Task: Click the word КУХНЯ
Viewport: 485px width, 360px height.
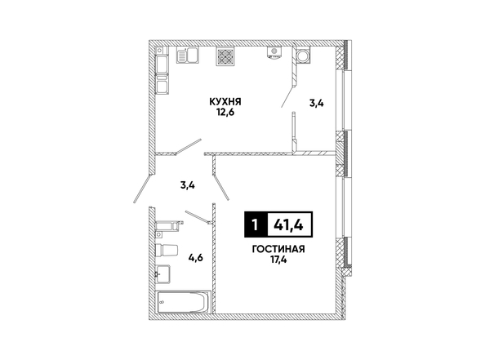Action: click(225, 101)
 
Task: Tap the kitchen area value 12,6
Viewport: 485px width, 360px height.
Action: click(225, 112)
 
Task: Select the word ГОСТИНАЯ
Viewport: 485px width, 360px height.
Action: click(278, 249)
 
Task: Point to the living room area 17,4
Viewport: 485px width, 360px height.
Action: click(278, 260)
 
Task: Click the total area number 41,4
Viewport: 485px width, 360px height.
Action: click(289, 224)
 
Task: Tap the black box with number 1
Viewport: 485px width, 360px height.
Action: click(255, 224)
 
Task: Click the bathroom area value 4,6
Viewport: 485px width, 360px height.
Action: click(195, 257)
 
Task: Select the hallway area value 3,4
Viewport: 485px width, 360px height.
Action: click(188, 185)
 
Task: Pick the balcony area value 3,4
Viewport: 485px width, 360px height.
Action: click(317, 104)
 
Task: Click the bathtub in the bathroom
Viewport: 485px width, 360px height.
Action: click(183, 302)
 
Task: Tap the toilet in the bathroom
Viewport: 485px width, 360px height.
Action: click(167, 250)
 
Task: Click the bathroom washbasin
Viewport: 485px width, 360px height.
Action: click(162, 273)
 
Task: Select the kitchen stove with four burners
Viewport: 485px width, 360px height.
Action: click(225, 56)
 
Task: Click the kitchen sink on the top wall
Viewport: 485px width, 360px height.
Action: click(187, 56)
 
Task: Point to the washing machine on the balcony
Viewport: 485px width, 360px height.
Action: click(303, 56)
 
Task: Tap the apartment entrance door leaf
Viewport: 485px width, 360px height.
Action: click(143, 189)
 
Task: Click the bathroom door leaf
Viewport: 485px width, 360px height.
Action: click(198, 217)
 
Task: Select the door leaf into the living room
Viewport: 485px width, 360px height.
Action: click(221, 187)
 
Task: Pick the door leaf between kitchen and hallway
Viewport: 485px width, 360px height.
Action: click(189, 146)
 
